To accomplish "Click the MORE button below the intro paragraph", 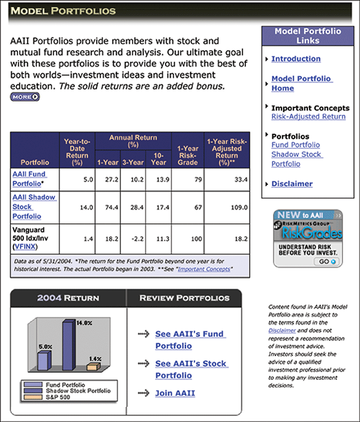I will click(25, 97).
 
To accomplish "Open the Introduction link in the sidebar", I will click(296, 59).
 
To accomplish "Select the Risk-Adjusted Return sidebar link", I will click(308, 116).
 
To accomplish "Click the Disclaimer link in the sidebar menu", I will click(292, 184).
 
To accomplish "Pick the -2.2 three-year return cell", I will click(134, 239).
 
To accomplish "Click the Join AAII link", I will click(175, 394).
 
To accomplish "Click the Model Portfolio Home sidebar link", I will click(301, 83).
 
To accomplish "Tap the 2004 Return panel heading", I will click(68, 298).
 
